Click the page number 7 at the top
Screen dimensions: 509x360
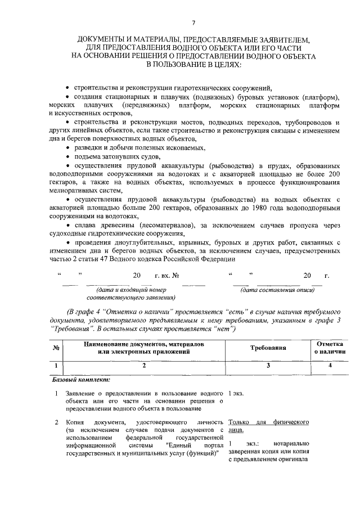click(193, 22)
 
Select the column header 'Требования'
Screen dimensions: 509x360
click(268, 348)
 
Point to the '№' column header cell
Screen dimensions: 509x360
click(56, 348)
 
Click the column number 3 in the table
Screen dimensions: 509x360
click(268, 366)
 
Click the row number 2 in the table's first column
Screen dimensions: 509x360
click(57, 421)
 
